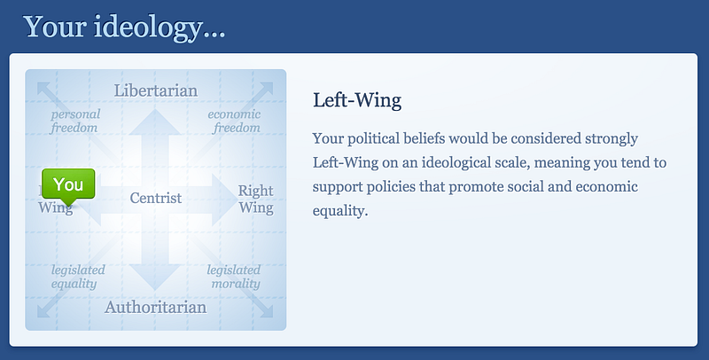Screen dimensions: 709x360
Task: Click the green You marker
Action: pos(68,184)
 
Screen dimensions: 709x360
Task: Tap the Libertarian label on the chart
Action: pos(156,90)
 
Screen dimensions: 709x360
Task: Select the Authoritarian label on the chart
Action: pos(156,307)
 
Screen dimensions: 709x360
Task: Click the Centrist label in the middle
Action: pos(156,198)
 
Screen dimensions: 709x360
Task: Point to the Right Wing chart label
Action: pos(256,199)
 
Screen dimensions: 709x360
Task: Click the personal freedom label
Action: pos(75,121)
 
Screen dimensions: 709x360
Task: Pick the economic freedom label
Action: pos(234,121)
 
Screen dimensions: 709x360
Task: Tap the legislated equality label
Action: pos(78,277)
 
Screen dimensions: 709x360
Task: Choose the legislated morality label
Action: pos(234,277)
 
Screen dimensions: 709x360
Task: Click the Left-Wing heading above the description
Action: pos(357,100)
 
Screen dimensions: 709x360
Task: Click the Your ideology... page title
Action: pos(124,27)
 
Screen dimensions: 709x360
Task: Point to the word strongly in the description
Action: pos(612,138)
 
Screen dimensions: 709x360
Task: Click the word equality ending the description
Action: pos(340,211)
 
